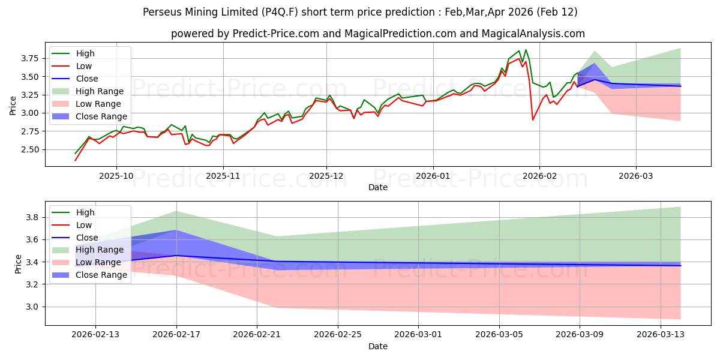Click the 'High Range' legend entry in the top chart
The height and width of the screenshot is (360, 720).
click(100, 91)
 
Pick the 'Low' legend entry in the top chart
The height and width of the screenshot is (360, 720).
click(85, 66)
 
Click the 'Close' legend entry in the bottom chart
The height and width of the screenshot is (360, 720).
click(88, 238)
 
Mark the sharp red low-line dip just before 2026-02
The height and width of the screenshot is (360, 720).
click(533, 120)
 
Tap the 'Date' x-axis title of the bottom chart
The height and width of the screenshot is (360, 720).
click(377, 346)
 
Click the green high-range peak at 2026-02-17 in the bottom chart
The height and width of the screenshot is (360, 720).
click(176, 211)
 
